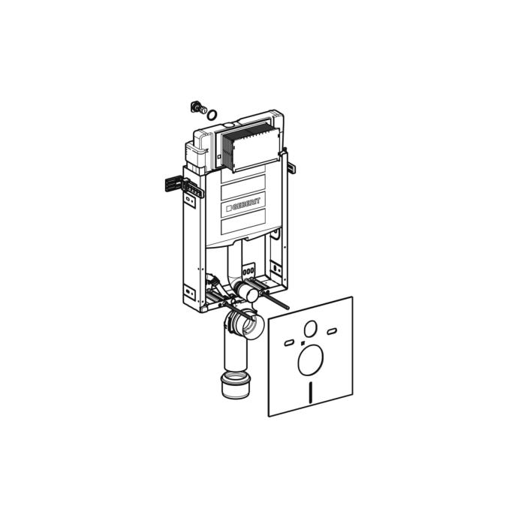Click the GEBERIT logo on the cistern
(x=243, y=204)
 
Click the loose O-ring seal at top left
(x=212, y=114)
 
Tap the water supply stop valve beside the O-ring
(x=198, y=107)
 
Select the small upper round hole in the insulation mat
(x=311, y=328)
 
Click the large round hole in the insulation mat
(x=311, y=360)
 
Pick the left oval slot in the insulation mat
(x=289, y=342)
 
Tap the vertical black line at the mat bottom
(x=311, y=392)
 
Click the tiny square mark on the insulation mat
(x=303, y=344)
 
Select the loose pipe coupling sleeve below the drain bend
(x=234, y=384)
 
